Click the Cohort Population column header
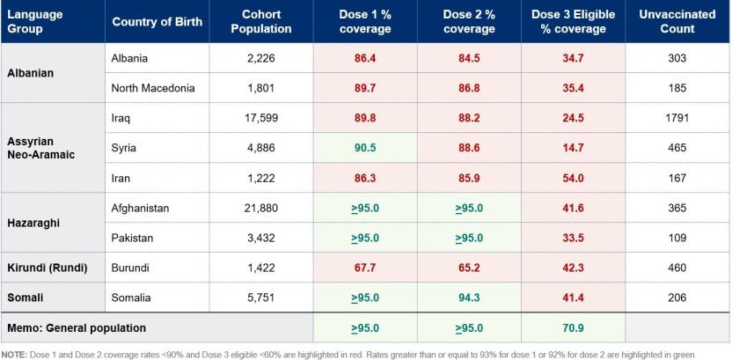(267, 21)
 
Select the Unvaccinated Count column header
(677, 21)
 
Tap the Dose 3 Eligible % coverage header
(573, 21)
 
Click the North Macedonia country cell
(153, 88)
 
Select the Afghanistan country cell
(141, 208)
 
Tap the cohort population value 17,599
(267, 117)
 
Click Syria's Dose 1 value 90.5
(365, 147)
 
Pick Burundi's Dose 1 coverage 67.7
(365, 268)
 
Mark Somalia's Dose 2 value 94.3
(469, 298)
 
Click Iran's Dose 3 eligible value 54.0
(573, 178)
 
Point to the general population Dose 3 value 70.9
(573, 328)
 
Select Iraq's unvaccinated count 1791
(677, 117)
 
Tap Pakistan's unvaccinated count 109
(677, 238)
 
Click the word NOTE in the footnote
(12, 354)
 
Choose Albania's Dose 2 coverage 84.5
(469, 58)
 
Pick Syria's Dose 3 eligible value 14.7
(573, 147)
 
